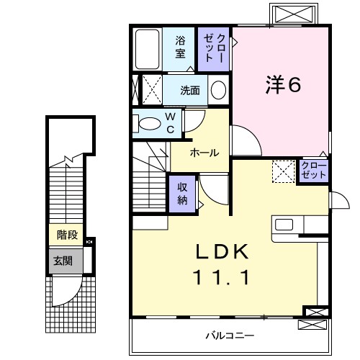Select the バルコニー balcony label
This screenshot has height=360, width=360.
[x=229, y=335]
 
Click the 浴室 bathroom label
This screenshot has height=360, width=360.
[x=180, y=48]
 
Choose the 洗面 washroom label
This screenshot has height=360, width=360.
[x=190, y=91]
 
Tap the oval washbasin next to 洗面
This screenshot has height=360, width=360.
[x=218, y=90]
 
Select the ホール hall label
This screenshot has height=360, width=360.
[x=204, y=153]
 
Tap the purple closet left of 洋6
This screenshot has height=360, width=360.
[x=215, y=48]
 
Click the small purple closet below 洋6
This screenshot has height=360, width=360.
[x=313, y=171]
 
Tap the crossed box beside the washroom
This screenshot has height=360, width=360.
[x=150, y=90]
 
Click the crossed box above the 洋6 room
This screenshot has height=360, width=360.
[x=293, y=14]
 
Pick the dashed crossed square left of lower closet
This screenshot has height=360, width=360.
[x=282, y=171]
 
